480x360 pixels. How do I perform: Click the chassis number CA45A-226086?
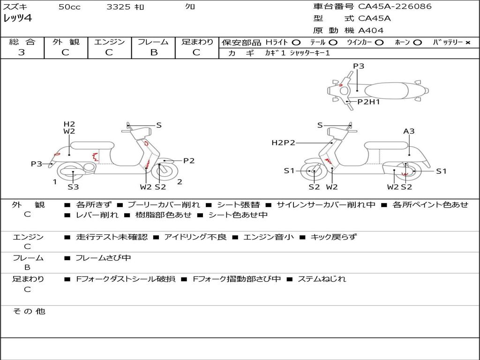point(395,7)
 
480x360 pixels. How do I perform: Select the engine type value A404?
point(371,30)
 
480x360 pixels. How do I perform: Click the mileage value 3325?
point(119,7)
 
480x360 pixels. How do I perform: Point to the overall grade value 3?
point(22,52)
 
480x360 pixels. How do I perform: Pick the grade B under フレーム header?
point(153,52)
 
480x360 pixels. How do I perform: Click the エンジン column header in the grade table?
point(109,42)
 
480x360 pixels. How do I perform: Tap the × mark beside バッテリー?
point(467,43)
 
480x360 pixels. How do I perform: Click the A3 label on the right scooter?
point(409,131)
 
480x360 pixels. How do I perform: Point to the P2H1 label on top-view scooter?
point(368,102)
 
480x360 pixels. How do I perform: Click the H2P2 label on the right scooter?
point(283,143)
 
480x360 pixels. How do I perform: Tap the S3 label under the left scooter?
point(73,187)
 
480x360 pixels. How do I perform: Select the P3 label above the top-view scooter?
point(359,66)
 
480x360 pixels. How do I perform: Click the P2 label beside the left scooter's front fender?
point(188,161)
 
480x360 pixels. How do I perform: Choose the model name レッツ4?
point(18,19)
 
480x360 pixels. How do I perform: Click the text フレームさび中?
point(103,258)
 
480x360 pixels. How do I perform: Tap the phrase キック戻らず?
point(333,237)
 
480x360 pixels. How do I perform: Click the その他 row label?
point(29,311)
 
